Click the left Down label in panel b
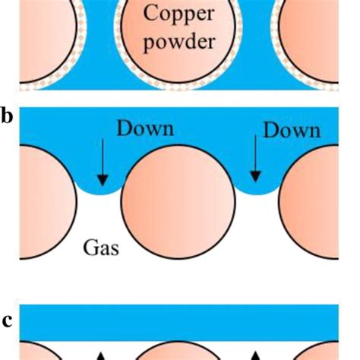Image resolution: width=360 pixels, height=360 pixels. [144, 129]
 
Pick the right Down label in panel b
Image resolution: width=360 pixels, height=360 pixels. [291, 131]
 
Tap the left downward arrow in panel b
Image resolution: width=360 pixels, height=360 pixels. [103, 163]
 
